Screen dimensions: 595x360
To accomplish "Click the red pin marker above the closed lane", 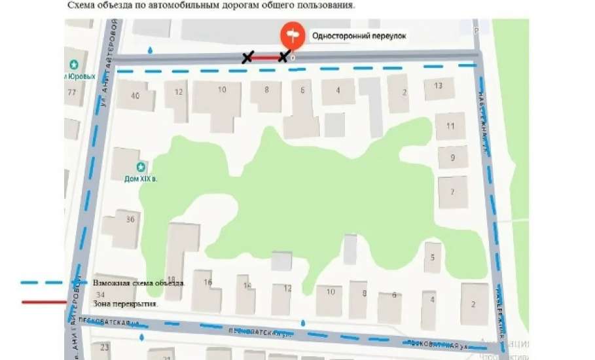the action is (x=292, y=35).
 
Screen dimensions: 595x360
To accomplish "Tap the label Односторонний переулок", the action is (x=359, y=36).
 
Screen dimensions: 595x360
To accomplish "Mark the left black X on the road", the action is (x=247, y=58).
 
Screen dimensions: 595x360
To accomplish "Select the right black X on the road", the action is (x=283, y=57).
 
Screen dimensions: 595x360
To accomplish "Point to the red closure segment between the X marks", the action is (x=265, y=58).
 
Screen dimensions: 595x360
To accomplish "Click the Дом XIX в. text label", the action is (x=141, y=178).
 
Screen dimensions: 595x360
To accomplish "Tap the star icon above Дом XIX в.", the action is (x=140, y=168).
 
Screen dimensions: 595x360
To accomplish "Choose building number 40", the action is (x=135, y=96).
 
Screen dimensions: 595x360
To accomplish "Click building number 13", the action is (x=438, y=86).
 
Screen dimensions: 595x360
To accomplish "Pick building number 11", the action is (x=450, y=126).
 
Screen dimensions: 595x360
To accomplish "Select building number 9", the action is (x=452, y=158).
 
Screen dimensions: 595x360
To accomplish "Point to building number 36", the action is (x=130, y=219).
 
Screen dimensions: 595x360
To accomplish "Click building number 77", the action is (x=71, y=92).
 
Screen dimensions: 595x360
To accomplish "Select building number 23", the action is (x=104, y=348).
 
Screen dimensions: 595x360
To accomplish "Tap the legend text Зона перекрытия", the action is (x=125, y=304).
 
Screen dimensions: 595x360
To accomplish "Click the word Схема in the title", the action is (x=81, y=5).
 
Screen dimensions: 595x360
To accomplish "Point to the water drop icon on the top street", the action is (x=151, y=50).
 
